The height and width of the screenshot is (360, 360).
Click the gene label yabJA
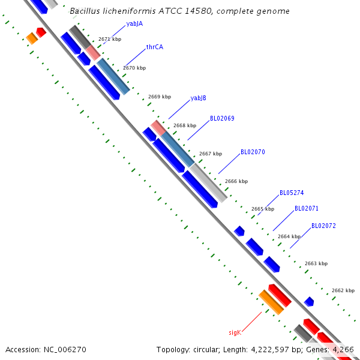click(x=134, y=24)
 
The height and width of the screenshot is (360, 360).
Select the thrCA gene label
click(x=155, y=47)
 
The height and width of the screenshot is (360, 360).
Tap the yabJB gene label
click(x=199, y=98)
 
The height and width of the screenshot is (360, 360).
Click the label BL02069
click(x=222, y=119)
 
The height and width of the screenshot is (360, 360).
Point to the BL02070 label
click(x=253, y=152)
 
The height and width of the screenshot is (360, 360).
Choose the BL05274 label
click(x=292, y=193)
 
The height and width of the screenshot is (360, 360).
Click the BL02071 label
click(x=307, y=209)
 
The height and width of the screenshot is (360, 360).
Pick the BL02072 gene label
click(x=323, y=226)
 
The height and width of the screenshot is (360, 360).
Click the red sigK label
click(x=235, y=332)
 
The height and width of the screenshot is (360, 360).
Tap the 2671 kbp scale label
click(x=110, y=39)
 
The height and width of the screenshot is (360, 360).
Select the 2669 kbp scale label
click(x=160, y=97)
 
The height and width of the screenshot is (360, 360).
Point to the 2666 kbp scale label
click(x=236, y=181)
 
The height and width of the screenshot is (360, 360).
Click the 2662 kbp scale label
click(x=343, y=290)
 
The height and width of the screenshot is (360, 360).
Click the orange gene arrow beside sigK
click(x=271, y=302)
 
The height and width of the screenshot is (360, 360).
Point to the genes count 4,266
click(x=343, y=349)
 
